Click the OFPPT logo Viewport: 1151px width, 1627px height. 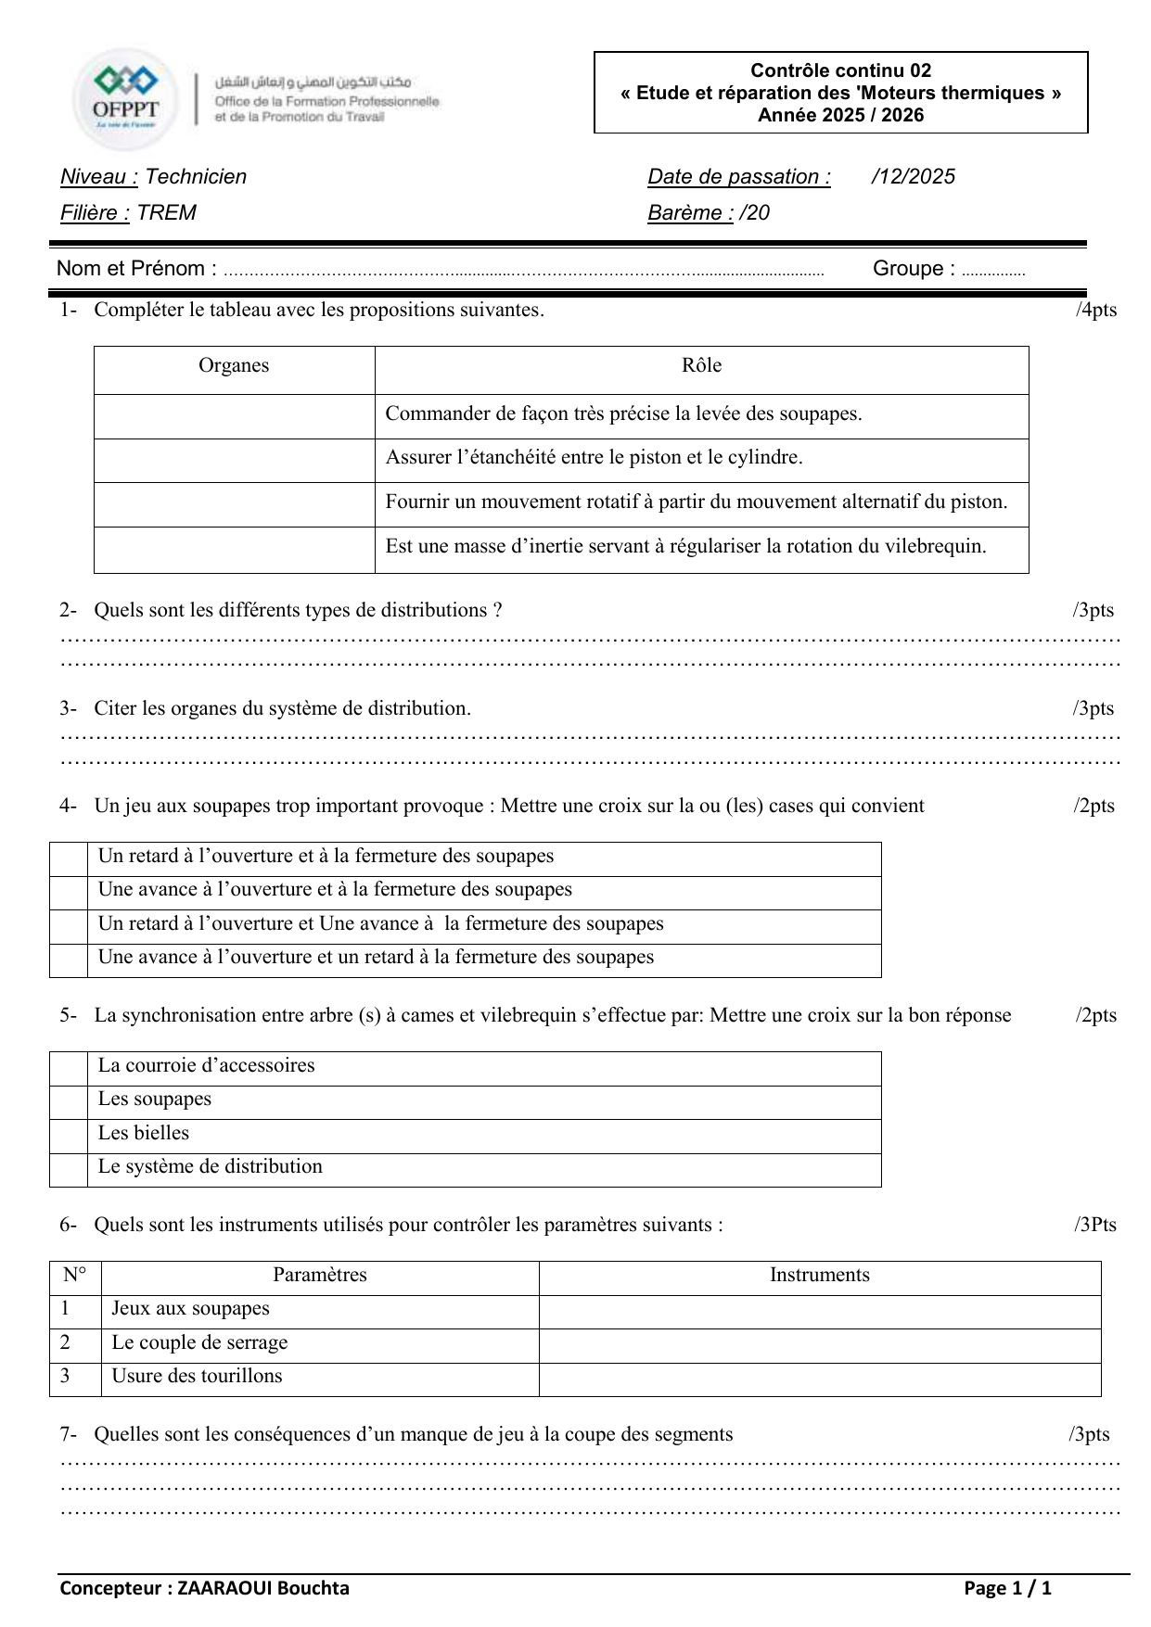click(x=126, y=97)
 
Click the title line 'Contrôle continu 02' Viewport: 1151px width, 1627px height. click(x=840, y=70)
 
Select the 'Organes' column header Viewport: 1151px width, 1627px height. click(x=234, y=366)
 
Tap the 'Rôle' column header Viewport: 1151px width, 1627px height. click(x=701, y=366)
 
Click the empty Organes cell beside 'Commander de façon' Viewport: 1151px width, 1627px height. click(x=234, y=416)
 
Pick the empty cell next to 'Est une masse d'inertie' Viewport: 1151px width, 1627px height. click(x=234, y=550)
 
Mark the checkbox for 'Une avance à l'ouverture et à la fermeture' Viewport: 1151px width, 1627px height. click(x=69, y=893)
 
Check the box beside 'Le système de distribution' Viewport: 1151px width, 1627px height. click(x=69, y=1170)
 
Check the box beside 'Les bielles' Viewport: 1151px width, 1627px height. click(x=69, y=1137)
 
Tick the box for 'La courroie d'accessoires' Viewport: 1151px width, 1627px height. click(x=69, y=1069)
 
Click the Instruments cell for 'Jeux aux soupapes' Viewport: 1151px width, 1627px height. click(x=819, y=1312)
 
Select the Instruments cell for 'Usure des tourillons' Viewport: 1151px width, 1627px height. click(x=819, y=1379)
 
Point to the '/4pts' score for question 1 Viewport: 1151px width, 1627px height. click(x=1096, y=310)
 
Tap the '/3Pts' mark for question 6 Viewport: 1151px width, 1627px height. click(x=1095, y=1225)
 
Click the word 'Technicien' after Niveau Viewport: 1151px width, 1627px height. click(x=196, y=177)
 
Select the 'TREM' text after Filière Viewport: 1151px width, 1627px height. click(x=167, y=213)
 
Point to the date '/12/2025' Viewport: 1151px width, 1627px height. click(x=913, y=177)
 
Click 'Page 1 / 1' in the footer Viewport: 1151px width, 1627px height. click(x=1007, y=1589)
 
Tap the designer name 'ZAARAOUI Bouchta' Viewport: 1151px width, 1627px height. click(x=263, y=1589)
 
